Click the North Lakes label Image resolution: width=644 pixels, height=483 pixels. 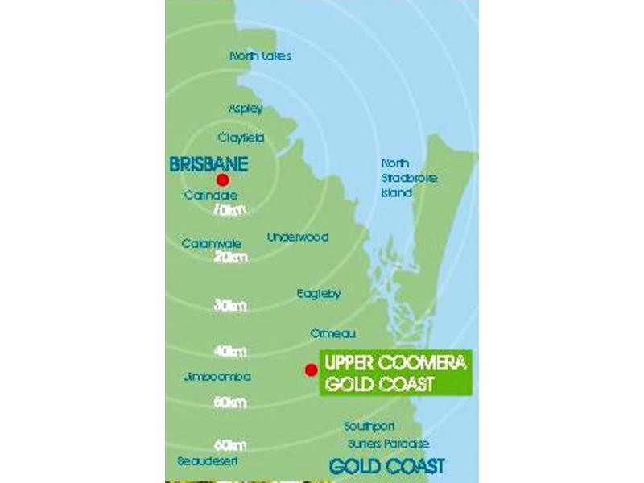[x=260, y=56]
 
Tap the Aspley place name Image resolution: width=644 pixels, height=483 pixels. [x=246, y=109]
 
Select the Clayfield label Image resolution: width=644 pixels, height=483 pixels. [x=241, y=138]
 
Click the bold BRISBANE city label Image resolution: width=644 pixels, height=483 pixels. [x=208, y=163]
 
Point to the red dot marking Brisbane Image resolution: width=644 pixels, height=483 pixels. [x=223, y=180]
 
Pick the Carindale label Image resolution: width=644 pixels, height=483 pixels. [x=211, y=195]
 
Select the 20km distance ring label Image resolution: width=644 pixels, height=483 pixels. [x=230, y=258]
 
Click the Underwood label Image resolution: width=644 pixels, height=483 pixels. [x=298, y=237]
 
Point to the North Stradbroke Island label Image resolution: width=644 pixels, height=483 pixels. [x=408, y=178]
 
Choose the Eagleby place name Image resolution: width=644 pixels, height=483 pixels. [x=318, y=294]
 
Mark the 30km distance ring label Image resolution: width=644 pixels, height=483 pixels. [x=230, y=306]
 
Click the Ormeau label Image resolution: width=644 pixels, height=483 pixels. [x=332, y=333]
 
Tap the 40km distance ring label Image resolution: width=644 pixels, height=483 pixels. [x=230, y=352]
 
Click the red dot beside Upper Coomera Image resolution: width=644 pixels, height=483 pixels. [x=310, y=369]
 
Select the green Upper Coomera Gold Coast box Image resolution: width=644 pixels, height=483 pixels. [x=395, y=373]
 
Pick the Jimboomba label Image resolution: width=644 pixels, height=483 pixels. [x=217, y=377]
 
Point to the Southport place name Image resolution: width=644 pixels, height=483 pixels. [x=369, y=426]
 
